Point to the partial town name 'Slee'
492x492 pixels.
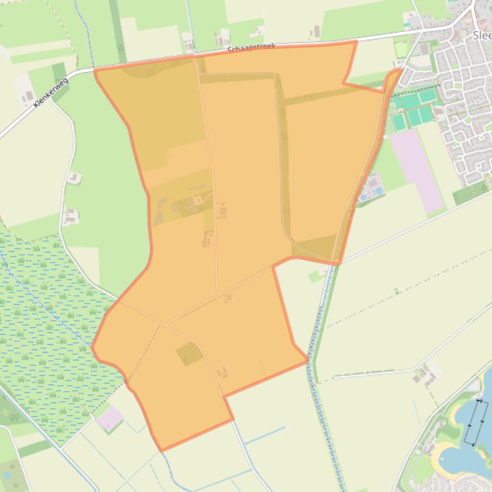click(x=481, y=36)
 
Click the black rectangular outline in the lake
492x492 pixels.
click(x=475, y=422)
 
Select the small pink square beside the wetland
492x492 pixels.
click(x=111, y=418)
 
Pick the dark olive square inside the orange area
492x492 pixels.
click(x=189, y=353)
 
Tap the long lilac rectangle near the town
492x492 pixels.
click(x=418, y=171)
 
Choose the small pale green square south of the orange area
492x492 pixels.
click(x=314, y=277)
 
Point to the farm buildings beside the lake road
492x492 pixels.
click(x=423, y=376)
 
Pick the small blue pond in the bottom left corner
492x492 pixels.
click(x=7, y=475)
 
